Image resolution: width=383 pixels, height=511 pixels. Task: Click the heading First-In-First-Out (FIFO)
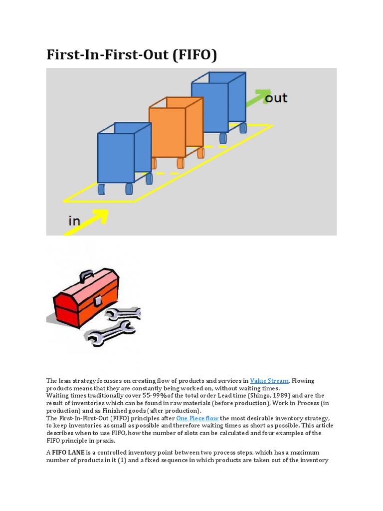(132, 55)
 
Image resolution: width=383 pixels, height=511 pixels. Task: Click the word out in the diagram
(276, 98)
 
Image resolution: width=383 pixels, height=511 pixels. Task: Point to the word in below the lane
(74, 220)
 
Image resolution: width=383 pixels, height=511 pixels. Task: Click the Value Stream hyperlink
(269, 381)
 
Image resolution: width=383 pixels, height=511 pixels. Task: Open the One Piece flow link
(197, 418)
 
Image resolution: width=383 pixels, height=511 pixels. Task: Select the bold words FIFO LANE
(70, 453)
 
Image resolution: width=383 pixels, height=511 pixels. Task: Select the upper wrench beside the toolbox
(125, 314)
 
